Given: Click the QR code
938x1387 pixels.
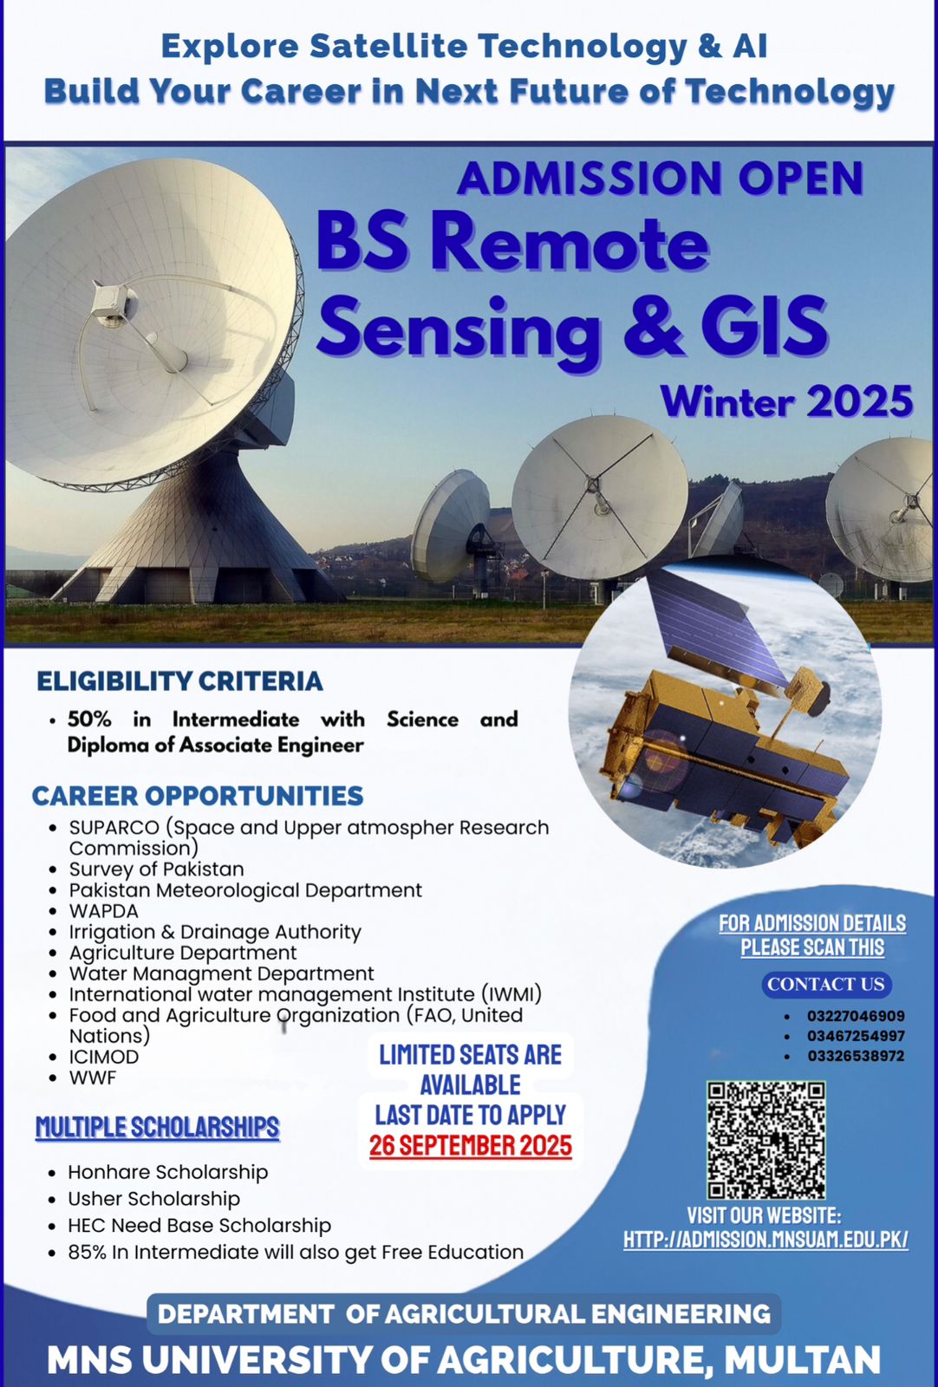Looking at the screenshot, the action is [x=766, y=1140].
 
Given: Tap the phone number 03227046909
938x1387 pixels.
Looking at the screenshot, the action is [x=856, y=1016].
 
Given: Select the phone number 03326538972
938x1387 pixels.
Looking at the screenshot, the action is [x=856, y=1056].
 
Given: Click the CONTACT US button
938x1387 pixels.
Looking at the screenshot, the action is [x=826, y=985].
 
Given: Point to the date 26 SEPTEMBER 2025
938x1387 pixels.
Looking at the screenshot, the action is [x=471, y=1145].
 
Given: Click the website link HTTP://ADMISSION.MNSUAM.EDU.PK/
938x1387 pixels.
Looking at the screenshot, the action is [x=765, y=1239].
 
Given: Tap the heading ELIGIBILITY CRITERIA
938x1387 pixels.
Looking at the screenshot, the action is [x=179, y=681].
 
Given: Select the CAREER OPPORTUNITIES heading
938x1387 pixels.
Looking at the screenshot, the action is [x=198, y=797].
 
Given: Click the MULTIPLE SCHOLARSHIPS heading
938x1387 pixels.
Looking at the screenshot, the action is [x=157, y=1128].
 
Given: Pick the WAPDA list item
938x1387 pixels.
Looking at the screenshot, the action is [x=103, y=911].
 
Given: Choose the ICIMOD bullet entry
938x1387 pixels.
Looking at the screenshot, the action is [x=103, y=1057].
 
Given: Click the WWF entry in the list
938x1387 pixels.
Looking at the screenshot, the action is [x=92, y=1078].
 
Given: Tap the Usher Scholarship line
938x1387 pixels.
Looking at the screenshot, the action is [x=153, y=1199].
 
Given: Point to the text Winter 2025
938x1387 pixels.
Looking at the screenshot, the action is [x=786, y=401].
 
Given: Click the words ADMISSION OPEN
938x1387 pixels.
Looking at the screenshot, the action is [x=660, y=179].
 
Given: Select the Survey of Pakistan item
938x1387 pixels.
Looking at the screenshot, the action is [x=156, y=869].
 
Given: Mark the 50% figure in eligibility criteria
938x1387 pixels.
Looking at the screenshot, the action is [x=90, y=719].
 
